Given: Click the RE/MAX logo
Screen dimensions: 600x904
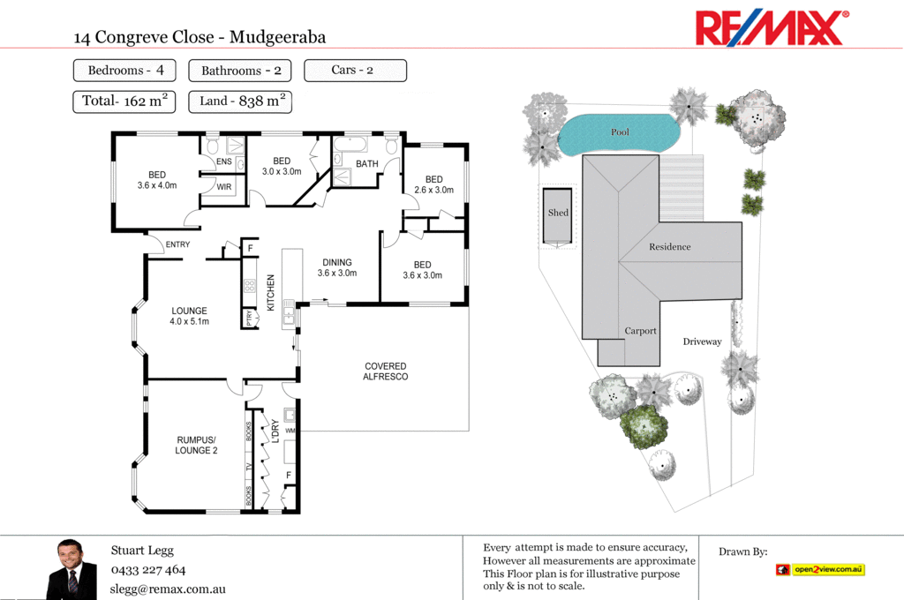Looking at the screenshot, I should [772, 27].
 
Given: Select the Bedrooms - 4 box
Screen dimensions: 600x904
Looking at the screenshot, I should [124, 70].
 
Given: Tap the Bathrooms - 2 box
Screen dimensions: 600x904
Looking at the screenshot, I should [240, 71].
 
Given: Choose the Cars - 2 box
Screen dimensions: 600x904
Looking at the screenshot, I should [355, 70].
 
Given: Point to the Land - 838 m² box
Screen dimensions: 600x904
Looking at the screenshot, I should [240, 101].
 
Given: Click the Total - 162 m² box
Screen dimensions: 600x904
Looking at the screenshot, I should [124, 101].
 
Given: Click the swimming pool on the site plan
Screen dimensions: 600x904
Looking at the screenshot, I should [621, 133].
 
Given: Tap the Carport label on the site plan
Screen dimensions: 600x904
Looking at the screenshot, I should [641, 331].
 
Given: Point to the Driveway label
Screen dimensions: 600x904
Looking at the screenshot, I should [702, 341].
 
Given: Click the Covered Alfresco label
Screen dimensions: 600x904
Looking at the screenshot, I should [386, 371].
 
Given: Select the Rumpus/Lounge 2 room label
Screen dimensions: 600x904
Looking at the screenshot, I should [196, 445].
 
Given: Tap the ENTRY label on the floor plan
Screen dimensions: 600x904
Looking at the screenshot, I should [177, 244].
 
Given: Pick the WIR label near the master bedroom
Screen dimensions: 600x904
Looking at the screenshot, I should [224, 186].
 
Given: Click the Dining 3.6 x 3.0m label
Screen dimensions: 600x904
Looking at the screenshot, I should [337, 267].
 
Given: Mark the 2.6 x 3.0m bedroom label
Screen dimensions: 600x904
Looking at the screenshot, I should [433, 184].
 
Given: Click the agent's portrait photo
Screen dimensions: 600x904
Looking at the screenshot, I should [72, 568].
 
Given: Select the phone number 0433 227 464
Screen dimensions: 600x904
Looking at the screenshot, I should [148, 570].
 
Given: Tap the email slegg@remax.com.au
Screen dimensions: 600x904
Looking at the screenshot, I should [168, 589].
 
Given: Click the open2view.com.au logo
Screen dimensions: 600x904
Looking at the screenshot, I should [820, 570].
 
